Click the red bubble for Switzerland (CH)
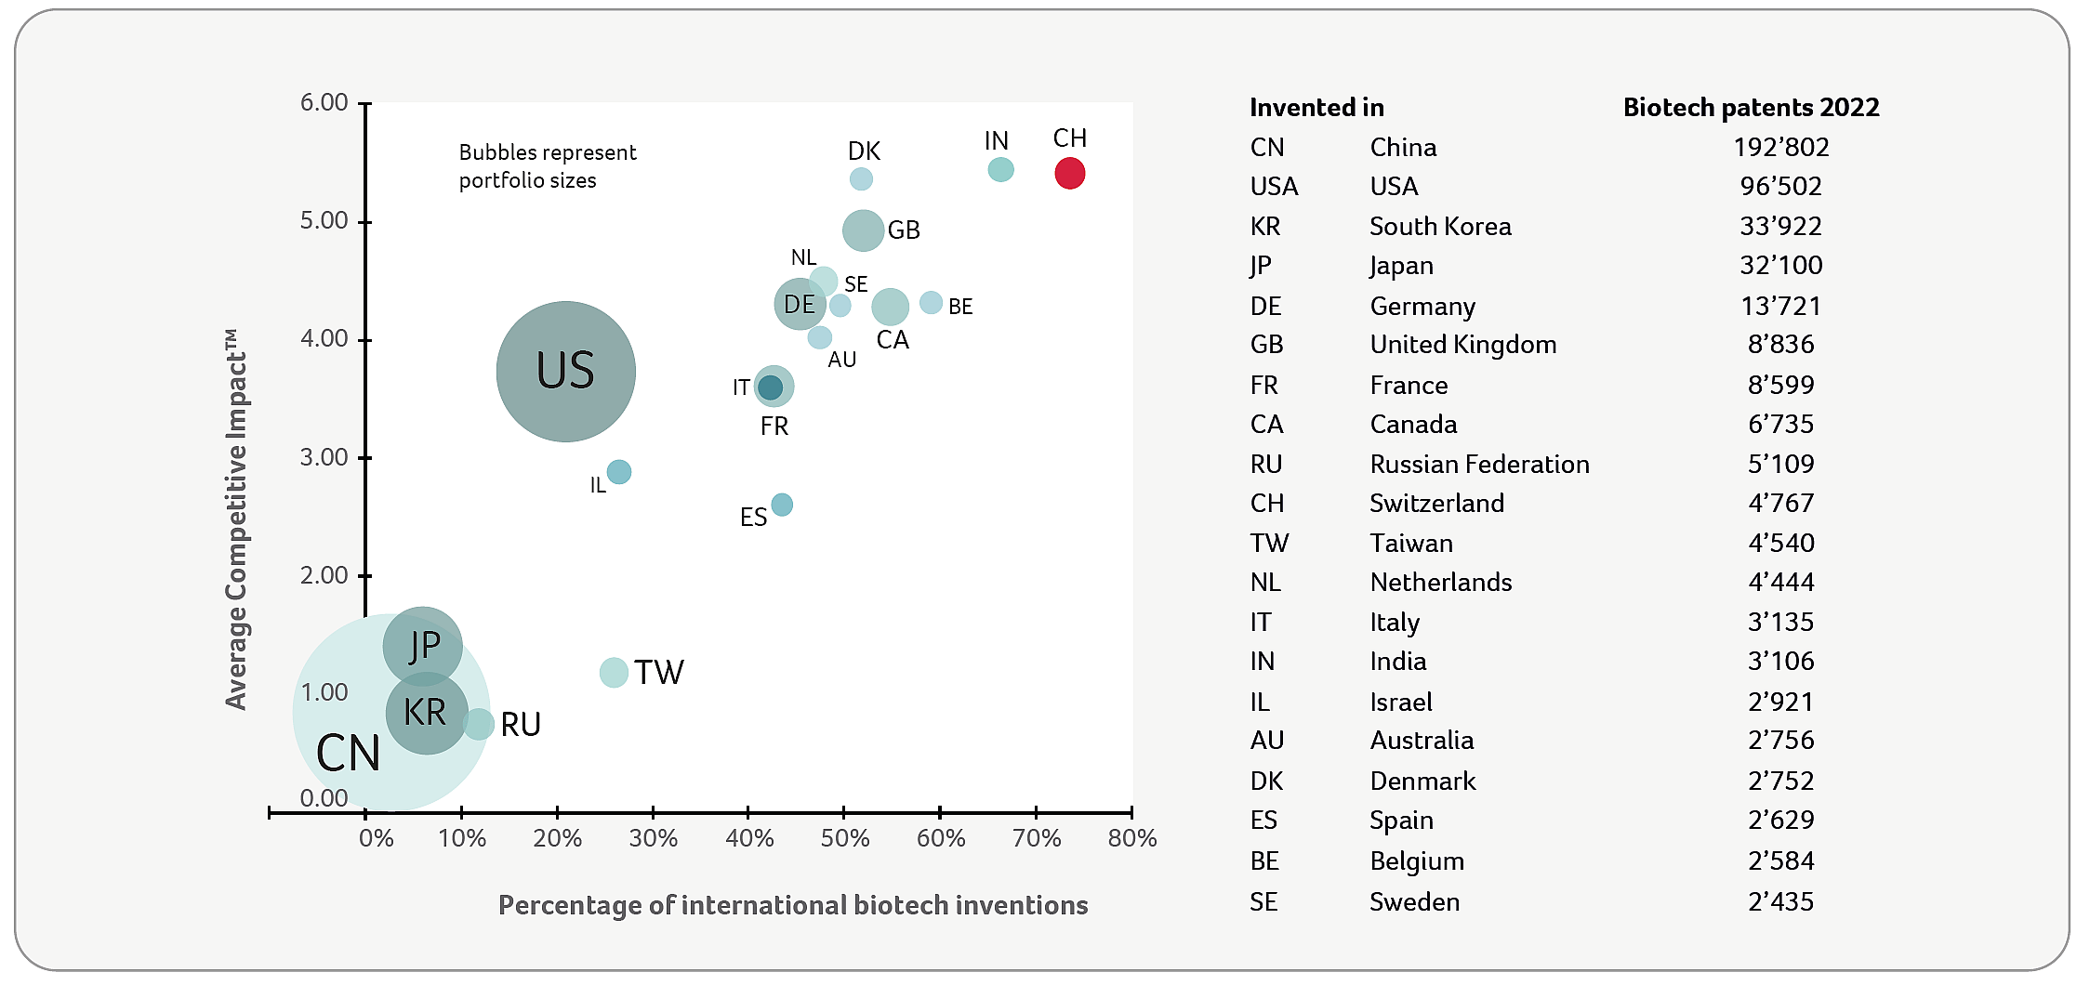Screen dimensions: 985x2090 coord(1069,173)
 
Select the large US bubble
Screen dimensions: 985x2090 coord(565,371)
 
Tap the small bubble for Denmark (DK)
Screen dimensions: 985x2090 coord(861,178)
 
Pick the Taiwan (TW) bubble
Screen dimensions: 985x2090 coord(614,672)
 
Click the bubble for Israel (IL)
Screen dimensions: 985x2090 coord(618,472)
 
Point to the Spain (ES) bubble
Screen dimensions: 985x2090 coord(782,505)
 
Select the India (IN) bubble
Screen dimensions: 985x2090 coord(1000,169)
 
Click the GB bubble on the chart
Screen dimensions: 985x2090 coord(863,230)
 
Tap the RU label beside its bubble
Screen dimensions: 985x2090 coord(521,725)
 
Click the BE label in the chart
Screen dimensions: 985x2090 coord(960,307)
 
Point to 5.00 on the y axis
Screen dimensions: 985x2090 coord(324,221)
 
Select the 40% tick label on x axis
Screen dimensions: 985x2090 coord(749,838)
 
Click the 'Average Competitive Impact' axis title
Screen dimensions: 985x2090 coord(236,520)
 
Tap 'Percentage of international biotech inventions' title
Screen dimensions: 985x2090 coord(793,905)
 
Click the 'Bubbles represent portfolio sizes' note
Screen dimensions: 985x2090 coord(547,166)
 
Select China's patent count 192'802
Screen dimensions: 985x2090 coord(1780,147)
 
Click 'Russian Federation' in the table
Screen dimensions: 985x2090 coord(1479,464)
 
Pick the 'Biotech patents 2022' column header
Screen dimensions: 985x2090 coord(1751,107)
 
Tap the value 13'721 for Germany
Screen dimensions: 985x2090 coord(1780,306)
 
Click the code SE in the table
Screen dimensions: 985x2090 coord(1263,901)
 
